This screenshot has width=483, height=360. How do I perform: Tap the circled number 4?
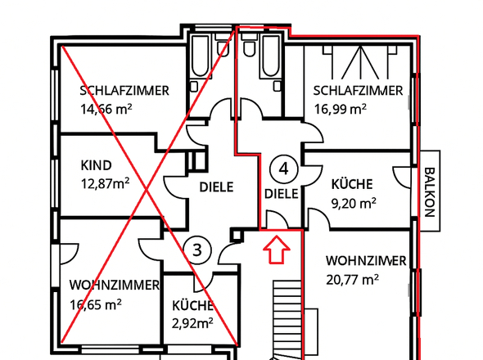tap(283, 169)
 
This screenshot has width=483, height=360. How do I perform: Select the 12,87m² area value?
tap(105, 183)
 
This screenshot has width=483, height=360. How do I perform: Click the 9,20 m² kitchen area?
tap(354, 201)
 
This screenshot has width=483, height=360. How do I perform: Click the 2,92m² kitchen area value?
tap(192, 322)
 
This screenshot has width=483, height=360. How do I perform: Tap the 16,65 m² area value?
tap(96, 304)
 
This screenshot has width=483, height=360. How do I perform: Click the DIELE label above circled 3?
tap(216, 187)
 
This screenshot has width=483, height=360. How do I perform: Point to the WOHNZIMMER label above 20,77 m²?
tap(366, 261)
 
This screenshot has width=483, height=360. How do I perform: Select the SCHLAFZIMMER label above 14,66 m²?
tap(124, 90)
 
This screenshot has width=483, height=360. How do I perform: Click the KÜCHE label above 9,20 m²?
tap(353, 184)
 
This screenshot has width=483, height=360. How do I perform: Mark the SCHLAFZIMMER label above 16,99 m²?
tap(358, 91)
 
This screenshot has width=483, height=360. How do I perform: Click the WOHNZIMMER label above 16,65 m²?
tap(114, 286)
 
